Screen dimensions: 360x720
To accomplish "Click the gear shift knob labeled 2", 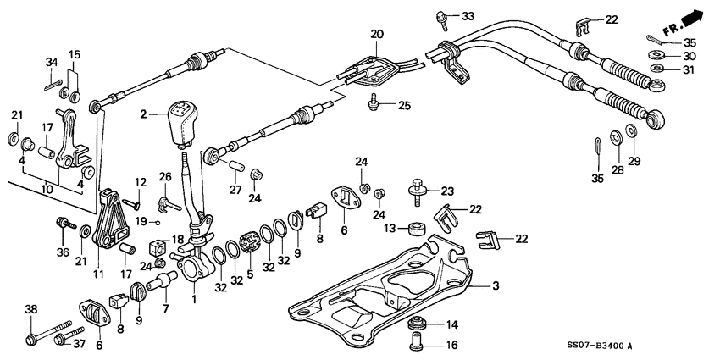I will click(x=182, y=122).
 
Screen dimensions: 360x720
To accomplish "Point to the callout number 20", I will click(x=376, y=35).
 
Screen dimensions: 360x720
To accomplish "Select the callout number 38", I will click(x=30, y=310).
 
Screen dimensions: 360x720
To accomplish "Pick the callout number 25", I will click(x=404, y=106).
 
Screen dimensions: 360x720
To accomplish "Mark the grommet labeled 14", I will click(x=418, y=324).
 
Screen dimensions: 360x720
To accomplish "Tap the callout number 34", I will click(x=52, y=62).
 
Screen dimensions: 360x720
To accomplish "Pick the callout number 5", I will click(x=249, y=274).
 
